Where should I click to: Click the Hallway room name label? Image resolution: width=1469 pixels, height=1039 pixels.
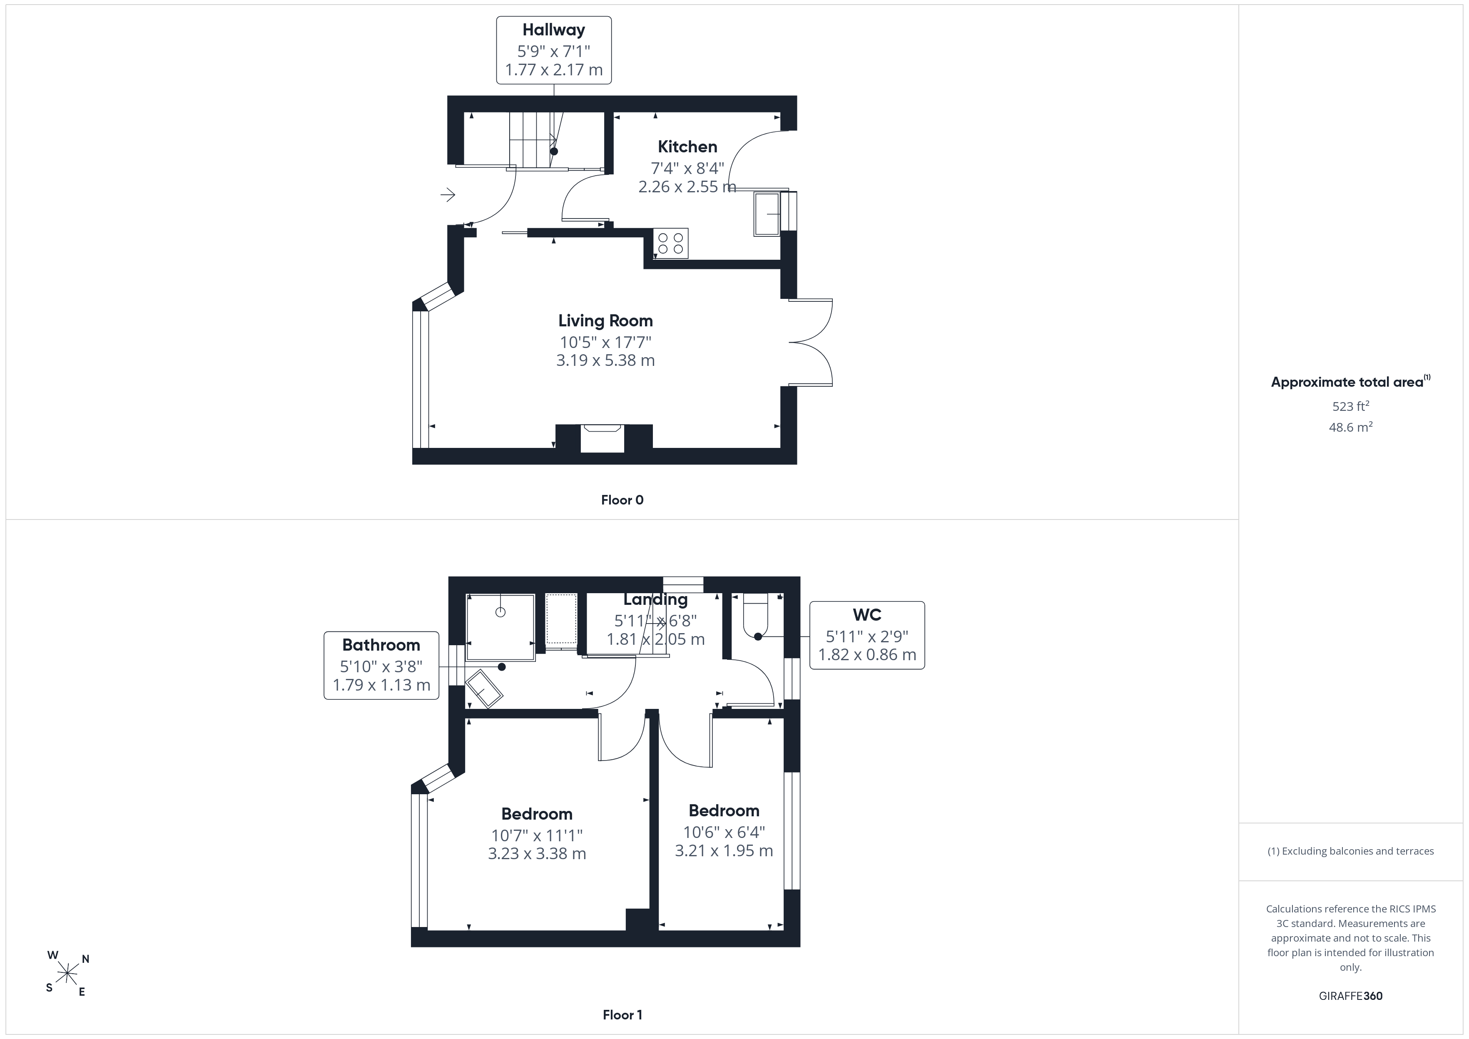click(553, 30)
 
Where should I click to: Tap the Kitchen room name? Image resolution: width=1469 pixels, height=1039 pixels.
click(687, 147)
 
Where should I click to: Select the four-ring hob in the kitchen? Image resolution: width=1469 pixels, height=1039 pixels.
click(670, 243)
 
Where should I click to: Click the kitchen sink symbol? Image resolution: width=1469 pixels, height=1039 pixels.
click(767, 214)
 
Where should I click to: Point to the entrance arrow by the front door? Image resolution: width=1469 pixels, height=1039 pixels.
click(447, 194)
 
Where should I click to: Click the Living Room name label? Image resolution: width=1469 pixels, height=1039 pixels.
click(605, 321)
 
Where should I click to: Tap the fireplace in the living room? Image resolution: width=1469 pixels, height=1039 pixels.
click(603, 439)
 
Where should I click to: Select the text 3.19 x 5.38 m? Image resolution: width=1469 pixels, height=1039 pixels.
click(605, 360)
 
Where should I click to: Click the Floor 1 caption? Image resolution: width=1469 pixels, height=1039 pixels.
click(622, 1015)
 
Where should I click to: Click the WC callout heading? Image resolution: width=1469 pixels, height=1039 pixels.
click(867, 615)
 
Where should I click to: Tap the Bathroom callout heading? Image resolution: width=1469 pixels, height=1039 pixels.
click(381, 645)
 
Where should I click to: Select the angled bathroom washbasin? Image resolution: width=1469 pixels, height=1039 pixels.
click(484, 689)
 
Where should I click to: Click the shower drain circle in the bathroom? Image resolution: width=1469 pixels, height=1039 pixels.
click(500, 612)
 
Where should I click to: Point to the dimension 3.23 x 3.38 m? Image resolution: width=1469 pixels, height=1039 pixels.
click(537, 853)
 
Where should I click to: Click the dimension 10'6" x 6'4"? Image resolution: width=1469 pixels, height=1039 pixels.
click(724, 833)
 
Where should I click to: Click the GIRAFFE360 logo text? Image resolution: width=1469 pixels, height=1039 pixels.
click(1351, 996)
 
